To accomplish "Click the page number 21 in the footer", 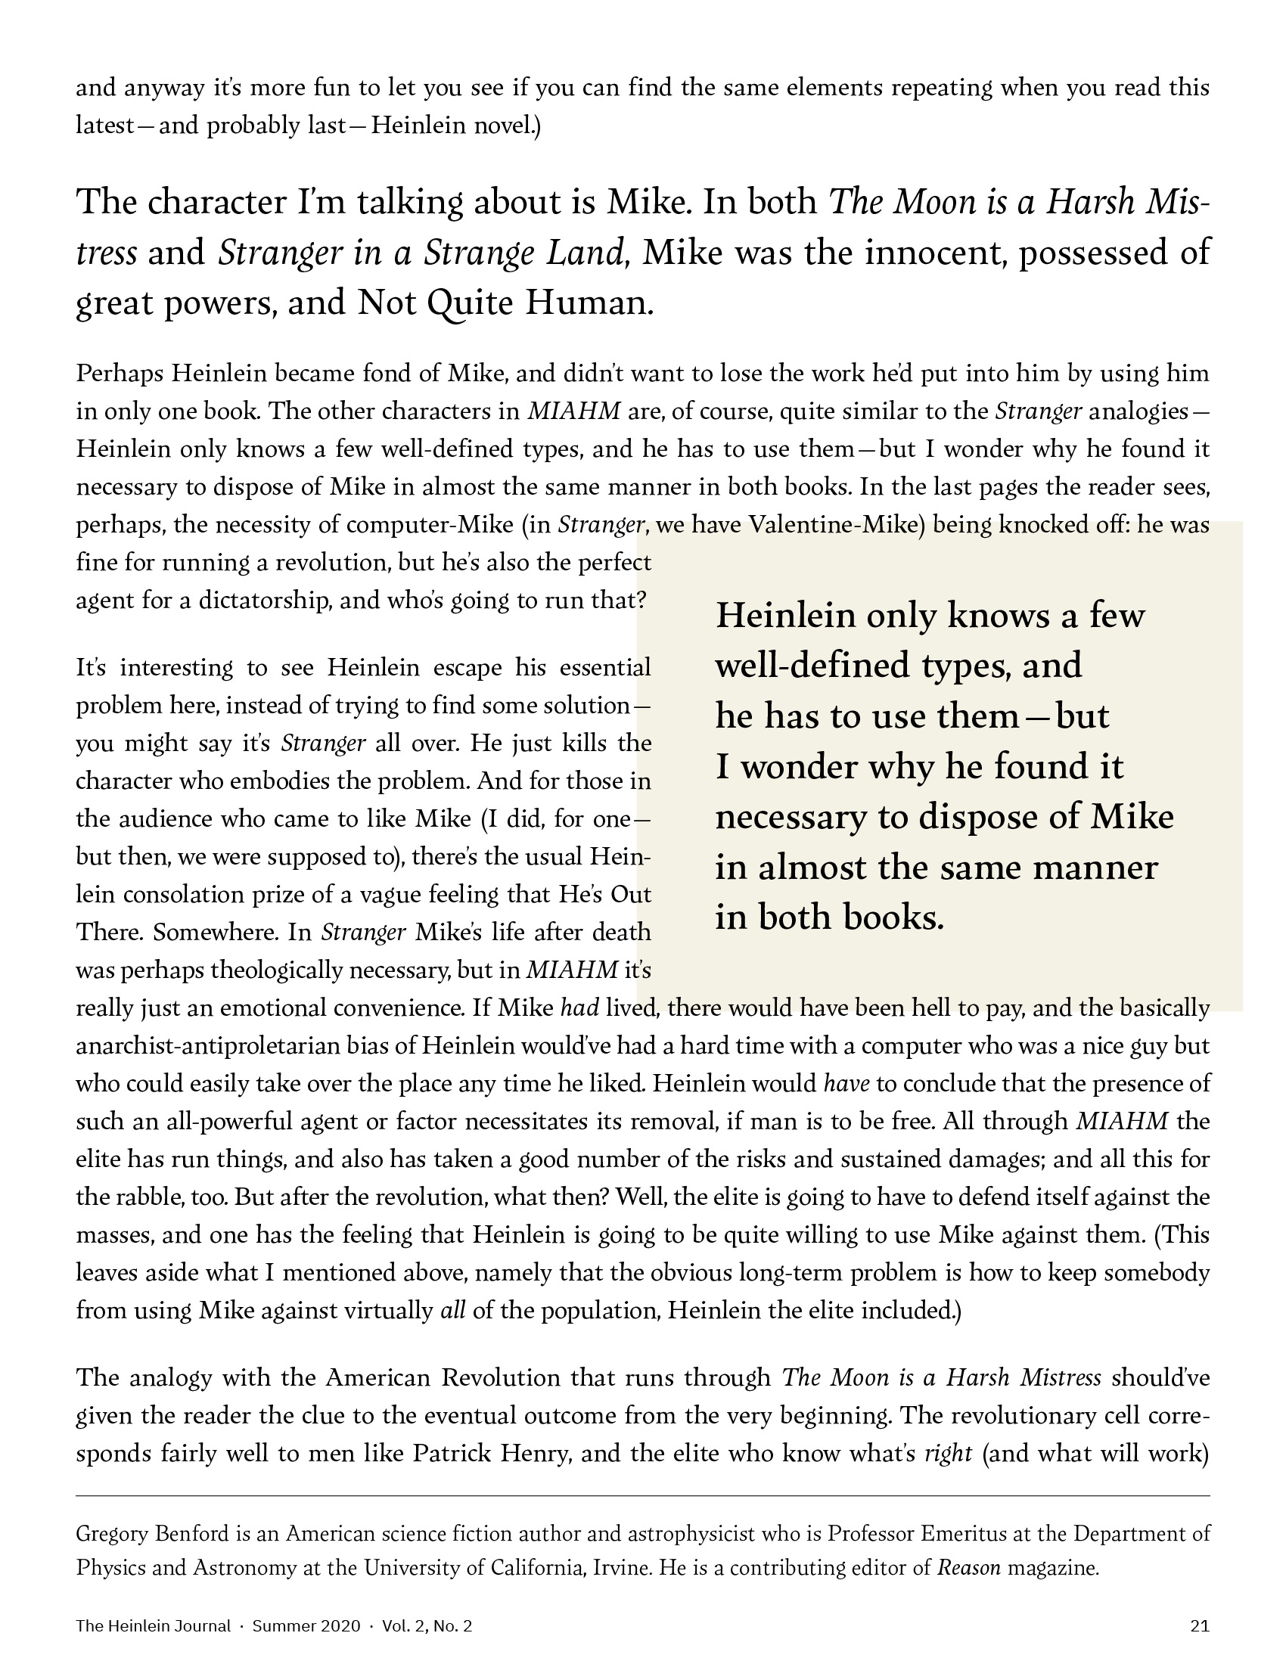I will [1200, 1626].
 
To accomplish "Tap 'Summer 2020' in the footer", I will [306, 1626].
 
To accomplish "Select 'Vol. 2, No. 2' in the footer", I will [427, 1626].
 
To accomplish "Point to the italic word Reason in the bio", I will [968, 1568].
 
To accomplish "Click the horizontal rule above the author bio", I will [642, 1496].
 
